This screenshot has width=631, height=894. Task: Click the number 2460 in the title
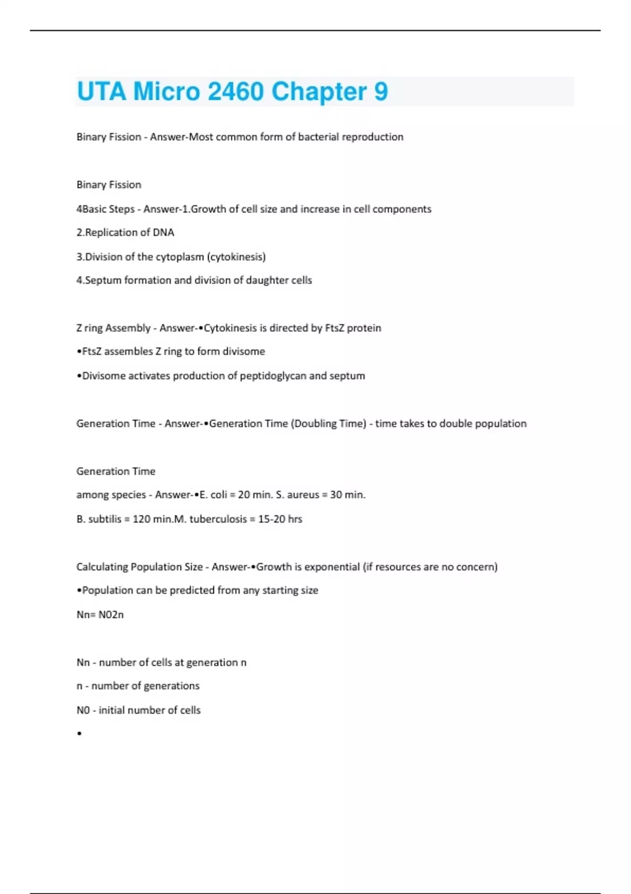click(x=236, y=92)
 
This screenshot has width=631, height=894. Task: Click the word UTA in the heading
click(x=101, y=92)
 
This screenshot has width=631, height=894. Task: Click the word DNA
click(x=164, y=232)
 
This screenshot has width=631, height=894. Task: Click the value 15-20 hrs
click(x=280, y=519)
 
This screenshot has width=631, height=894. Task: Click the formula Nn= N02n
click(x=100, y=615)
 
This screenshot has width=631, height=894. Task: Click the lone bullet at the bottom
click(x=79, y=734)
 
